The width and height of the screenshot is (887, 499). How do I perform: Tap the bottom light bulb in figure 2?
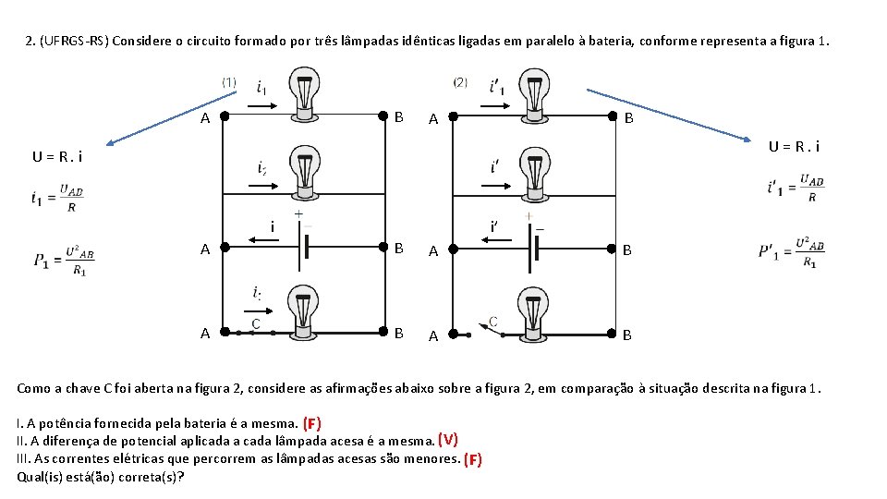[533, 311]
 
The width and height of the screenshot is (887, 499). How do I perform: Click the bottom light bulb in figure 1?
[304, 311]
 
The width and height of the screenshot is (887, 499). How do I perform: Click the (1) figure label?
[228, 82]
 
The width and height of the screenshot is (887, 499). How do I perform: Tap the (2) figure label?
[459, 82]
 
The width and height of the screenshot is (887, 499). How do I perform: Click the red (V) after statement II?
[448, 440]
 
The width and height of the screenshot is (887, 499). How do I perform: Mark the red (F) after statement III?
[472, 458]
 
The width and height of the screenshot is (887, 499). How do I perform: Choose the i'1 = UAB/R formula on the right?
[795, 188]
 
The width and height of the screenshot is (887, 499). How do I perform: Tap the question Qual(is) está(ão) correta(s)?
[100, 477]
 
